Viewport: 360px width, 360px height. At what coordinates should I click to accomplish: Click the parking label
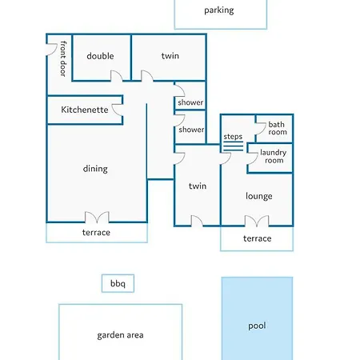click(219, 10)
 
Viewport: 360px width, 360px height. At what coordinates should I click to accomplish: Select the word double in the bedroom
click(100, 56)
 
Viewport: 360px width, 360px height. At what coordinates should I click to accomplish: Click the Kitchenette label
click(85, 110)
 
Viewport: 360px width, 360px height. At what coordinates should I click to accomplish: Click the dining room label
click(95, 169)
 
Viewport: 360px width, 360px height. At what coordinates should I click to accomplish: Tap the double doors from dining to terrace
click(97, 218)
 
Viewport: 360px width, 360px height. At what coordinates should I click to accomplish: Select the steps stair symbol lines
click(233, 146)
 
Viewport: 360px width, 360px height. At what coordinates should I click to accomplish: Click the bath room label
click(278, 128)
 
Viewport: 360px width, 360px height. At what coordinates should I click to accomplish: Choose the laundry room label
click(274, 156)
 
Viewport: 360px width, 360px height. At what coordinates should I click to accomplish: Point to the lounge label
click(259, 196)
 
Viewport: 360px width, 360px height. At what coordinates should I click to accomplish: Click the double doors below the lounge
click(257, 222)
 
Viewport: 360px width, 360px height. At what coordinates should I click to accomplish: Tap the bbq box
click(118, 283)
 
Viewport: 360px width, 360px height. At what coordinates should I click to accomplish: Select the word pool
click(257, 326)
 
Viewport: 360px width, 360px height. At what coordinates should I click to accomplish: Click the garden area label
click(120, 335)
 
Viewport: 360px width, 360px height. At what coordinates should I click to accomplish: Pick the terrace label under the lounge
click(258, 238)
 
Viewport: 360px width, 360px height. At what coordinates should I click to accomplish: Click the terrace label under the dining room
click(96, 233)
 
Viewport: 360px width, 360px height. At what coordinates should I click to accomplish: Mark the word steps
click(233, 137)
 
